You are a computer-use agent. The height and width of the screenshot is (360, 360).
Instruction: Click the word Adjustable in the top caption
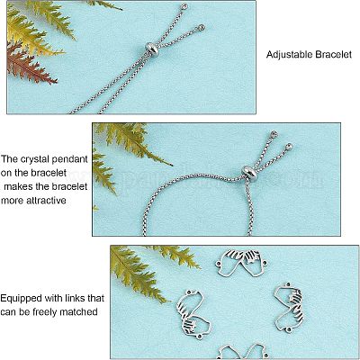click(290, 55)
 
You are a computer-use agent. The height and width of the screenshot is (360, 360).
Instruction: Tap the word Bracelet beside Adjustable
click(334, 54)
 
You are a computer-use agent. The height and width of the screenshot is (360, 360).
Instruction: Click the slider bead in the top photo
click(152, 47)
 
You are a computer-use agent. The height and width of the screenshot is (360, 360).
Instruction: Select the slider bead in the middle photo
click(249, 172)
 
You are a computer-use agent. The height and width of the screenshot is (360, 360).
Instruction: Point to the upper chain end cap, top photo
click(185, 5)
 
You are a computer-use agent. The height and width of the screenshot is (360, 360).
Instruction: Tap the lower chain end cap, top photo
click(201, 28)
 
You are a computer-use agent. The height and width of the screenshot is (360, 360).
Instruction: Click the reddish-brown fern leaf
click(29, 65)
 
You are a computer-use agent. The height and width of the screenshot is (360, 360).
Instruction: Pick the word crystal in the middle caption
click(35, 159)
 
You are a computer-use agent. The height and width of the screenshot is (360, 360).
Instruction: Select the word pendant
click(70, 159)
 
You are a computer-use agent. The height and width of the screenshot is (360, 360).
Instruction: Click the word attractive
click(46, 200)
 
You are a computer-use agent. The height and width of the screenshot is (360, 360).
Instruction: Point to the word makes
click(18, 186)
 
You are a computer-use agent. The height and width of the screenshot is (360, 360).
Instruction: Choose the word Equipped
click(21, 299)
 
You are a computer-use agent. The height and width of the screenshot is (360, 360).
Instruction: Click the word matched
click(78, 312)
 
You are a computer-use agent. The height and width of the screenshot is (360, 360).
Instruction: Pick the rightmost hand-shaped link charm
click(289, 308)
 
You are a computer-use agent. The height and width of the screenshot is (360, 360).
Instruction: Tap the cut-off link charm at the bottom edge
click(241, 352)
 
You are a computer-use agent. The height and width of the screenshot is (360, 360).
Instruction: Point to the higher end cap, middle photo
click(274, 133)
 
